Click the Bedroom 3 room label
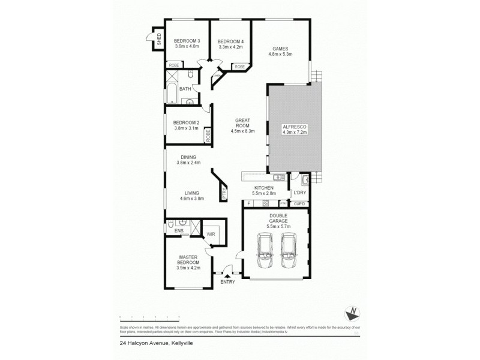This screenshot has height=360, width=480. [x=187, y=41]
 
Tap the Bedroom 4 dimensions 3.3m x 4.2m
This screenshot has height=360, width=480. [x=230, y=47]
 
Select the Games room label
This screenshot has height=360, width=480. [x=280, y=49]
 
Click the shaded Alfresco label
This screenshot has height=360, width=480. [x=294, y=127]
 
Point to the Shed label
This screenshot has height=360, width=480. [x=159, y=40]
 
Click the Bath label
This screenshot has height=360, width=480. [x=185, y=89]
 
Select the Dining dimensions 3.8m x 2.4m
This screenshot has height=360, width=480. [x=188, y=163]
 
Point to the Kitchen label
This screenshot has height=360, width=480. [x=263, y=188]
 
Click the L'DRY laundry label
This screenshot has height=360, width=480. [x=299, y=193]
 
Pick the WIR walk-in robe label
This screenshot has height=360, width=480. [x=211, y=235]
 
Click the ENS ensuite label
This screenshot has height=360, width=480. [x=178, y=230]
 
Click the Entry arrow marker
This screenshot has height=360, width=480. [x=227, y=276]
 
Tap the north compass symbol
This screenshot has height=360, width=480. [x=353, y=312]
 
